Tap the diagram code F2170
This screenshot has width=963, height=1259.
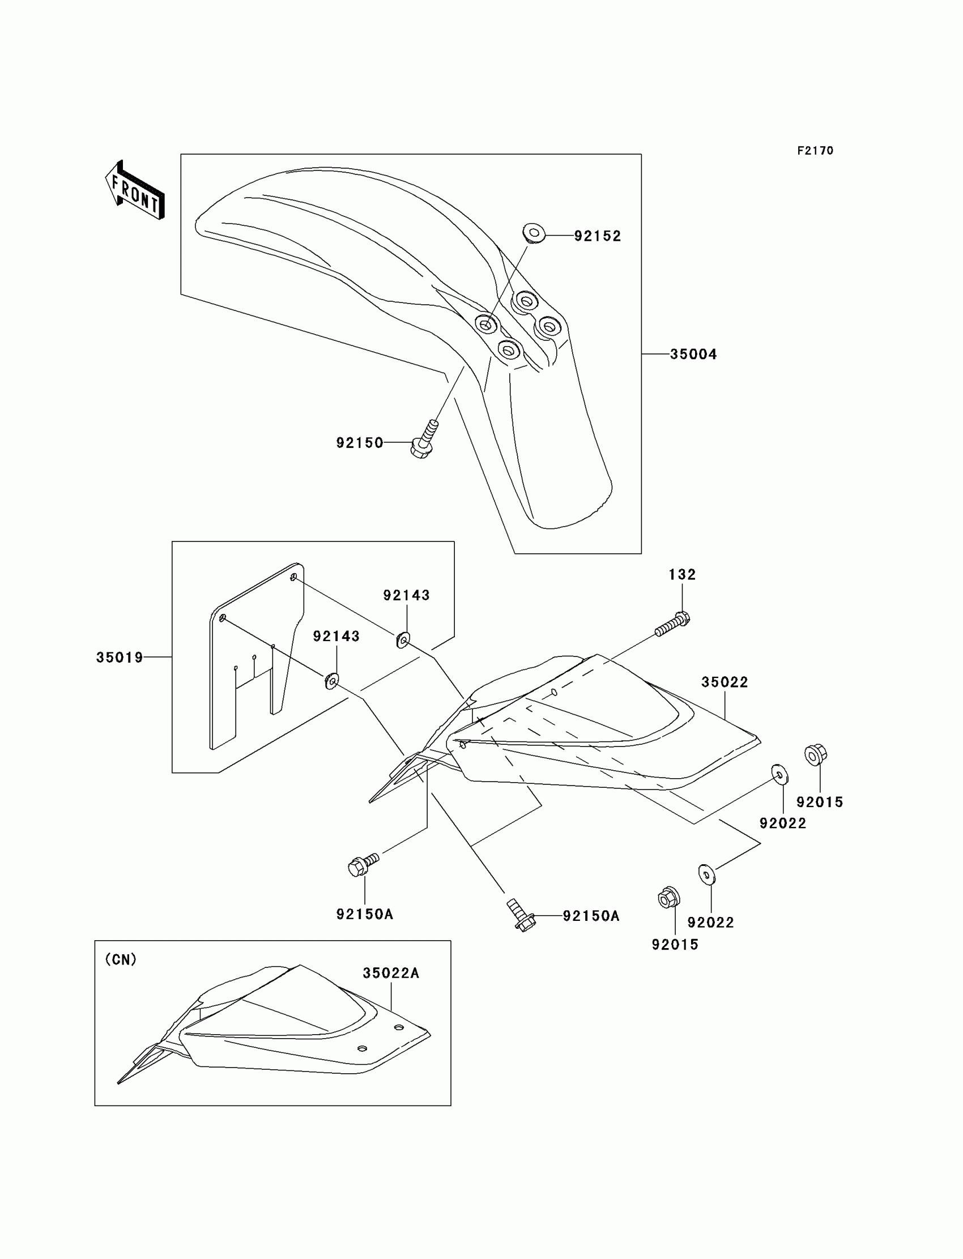pos(815,151)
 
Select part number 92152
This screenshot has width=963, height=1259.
pos(598,236)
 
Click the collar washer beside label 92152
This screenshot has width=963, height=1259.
pos(534,234)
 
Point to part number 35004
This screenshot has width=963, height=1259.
pos(693,355)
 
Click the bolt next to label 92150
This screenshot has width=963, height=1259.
pos(424,440)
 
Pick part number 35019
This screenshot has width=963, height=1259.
pos(119,658)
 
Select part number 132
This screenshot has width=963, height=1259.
pos(682,575)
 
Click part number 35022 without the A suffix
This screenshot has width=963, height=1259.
pos(725,682)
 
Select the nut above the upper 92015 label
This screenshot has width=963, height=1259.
pos(815,754)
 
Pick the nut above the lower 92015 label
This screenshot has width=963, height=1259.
pos(668,897)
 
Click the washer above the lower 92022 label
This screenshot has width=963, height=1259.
pos(707,874)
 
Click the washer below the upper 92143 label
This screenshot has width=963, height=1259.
pos(403,639)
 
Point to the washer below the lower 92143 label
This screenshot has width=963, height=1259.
pos(331,681)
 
